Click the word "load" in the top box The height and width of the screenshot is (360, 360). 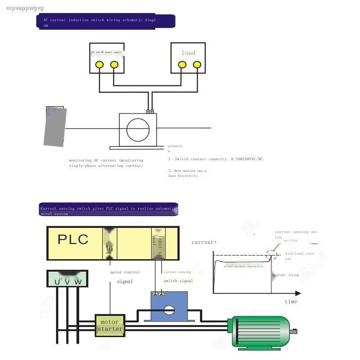[x=189, y=53]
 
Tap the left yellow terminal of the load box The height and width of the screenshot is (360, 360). [x=182, y=64]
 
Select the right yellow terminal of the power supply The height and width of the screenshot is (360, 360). [x=114, y=65]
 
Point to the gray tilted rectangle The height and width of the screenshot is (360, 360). [x=56, y=127]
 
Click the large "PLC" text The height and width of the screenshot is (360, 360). [x=73, y=239]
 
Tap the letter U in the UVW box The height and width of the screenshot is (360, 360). [x=57, y=282]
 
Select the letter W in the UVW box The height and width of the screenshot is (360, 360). [x=78, y=282]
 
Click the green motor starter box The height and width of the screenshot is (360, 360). [x=110, y=325]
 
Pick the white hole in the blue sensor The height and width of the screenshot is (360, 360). [x=169, y=310]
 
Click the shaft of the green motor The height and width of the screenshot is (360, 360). [x=294, y=332]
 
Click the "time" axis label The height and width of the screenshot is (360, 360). [x=291, y=301]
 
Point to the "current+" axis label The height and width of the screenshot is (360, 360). [x=204, y=242]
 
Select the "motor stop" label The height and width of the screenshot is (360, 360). [x=285, y=275]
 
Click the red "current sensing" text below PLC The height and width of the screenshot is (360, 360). [x=177, y=272]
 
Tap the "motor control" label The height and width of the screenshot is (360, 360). [x=125, y=272]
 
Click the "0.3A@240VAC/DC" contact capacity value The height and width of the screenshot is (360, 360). [x=247, y=159]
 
